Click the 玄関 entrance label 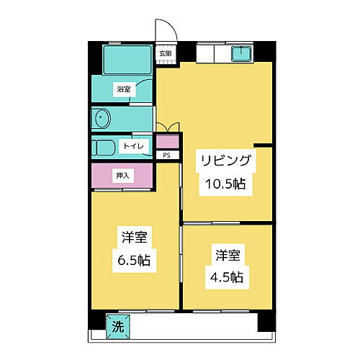[166, 53]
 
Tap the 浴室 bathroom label [124, 90]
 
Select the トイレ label [135, 146]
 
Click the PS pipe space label [166, 155]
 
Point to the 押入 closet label [123, 175]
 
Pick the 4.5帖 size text [228, 276]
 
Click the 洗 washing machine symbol [117, 326]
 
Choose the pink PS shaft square [166, 142]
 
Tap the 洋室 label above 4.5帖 [228, 254]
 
